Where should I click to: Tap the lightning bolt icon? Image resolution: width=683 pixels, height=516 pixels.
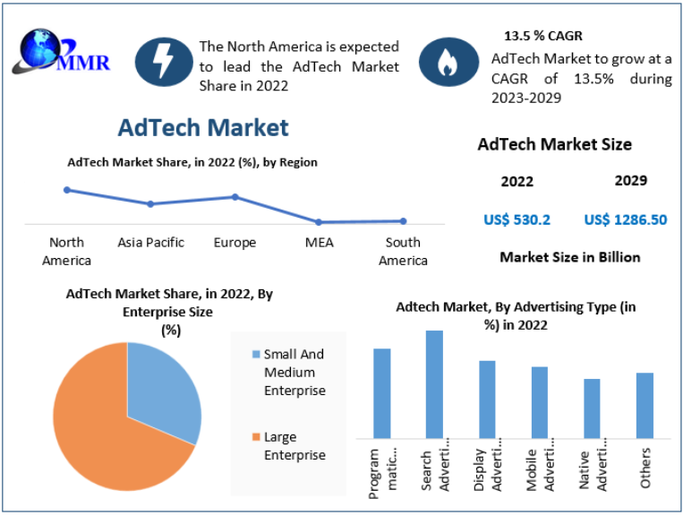click(164, 61)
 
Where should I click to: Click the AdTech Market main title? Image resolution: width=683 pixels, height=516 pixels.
click(203, 127)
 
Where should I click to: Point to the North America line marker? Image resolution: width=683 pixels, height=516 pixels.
click(67, 190)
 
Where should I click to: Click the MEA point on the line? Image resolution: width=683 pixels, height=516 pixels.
click(319, 221)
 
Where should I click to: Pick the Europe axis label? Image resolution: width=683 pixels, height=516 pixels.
click(235, 243)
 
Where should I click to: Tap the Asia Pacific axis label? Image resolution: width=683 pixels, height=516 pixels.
click(151, 243)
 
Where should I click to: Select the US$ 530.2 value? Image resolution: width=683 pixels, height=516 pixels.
click(517, 219)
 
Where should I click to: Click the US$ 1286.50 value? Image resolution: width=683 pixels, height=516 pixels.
click(625, 219)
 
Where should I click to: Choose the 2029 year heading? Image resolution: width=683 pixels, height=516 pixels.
click(631, 181)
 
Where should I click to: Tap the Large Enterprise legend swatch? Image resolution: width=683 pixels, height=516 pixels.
click(256, 437)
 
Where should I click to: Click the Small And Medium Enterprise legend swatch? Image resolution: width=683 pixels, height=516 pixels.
click(256, 354)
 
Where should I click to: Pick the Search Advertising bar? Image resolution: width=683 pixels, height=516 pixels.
click(434, 384)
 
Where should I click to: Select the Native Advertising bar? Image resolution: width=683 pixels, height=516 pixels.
click(592, 408)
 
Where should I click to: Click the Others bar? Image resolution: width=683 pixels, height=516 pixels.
click(645, 405)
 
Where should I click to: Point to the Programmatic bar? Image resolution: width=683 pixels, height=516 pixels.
click(382, 393)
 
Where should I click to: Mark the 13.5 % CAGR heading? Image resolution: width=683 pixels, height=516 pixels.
click(543, 37)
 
